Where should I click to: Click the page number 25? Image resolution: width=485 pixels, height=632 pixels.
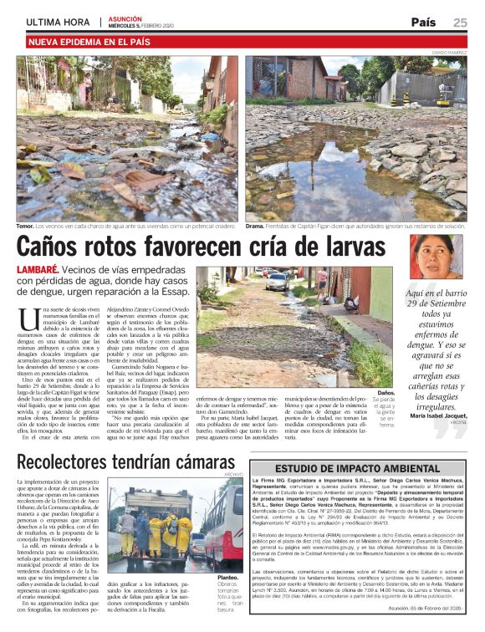click(x=460, y=23)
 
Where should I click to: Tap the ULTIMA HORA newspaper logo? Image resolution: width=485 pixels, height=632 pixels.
click(x=59, y=23)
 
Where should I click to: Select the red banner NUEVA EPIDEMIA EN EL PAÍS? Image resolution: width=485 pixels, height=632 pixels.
click(x=94, y=41)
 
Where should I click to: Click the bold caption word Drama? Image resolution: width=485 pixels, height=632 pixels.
click(x=255, y=226)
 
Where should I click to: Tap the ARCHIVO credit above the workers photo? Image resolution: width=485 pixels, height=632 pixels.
click(x=232, y=475)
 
